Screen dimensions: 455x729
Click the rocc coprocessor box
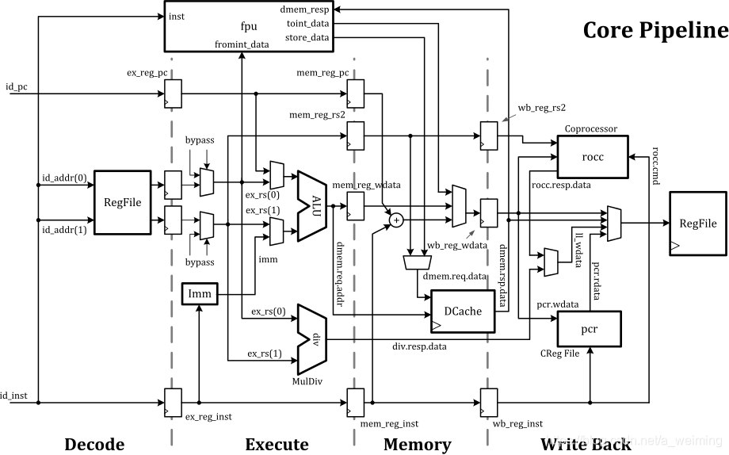592,157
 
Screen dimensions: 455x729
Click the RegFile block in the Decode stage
122,202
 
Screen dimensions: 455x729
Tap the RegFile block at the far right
697,224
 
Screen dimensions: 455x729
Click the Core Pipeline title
655,30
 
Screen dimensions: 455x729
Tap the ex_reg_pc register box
172,93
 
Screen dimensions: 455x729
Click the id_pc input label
16,85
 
